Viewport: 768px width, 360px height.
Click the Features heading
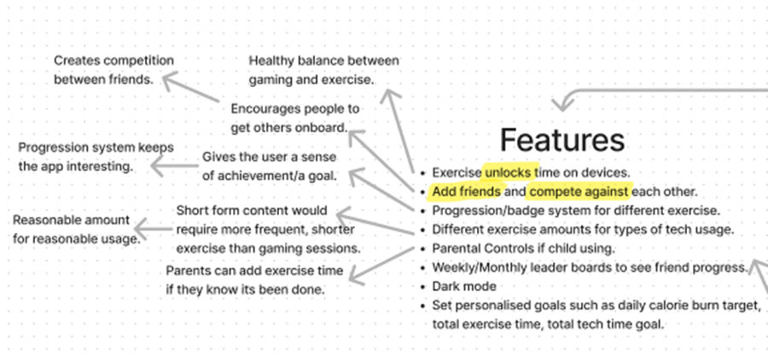tap(561, 140)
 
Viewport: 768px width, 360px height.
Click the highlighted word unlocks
tap(508, 172)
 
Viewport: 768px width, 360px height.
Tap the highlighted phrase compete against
tap(579, 191)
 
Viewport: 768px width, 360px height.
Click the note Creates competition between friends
tap(113, 70)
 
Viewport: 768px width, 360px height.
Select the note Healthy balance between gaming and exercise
tap(323, 71)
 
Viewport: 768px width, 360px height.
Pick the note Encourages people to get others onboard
tap(295, 118)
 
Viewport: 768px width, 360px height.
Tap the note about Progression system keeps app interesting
tap(96, 157)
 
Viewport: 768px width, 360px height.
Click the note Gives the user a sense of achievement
tap(270, 166)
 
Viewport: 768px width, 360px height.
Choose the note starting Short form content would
tap(269, 229)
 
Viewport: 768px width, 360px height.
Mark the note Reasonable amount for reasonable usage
tap(77, 229)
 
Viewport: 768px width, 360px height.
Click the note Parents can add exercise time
tap(254, 280)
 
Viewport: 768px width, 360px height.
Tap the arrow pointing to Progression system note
tap(175, 166)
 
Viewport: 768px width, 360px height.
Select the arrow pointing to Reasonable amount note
tap(154, 229)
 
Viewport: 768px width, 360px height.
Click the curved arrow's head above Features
tap(561, 104)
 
